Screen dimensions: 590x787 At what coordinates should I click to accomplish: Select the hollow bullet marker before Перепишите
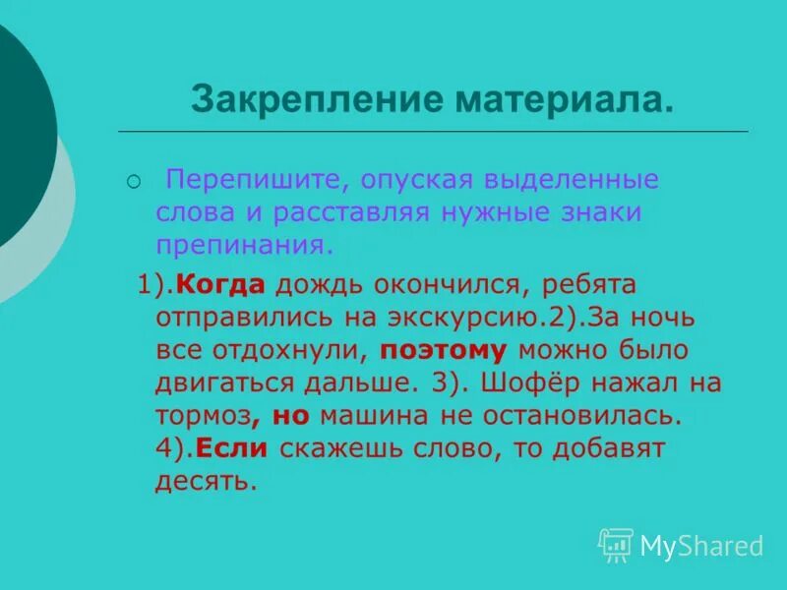(x=134, y=182)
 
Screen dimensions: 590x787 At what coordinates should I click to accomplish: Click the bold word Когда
(x=221, y=285)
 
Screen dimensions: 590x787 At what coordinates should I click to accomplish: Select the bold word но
(x=290, y=414)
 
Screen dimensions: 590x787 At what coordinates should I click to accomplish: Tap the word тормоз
(x=201, y=414)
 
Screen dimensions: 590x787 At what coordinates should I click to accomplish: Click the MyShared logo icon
(x=616, y=544)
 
